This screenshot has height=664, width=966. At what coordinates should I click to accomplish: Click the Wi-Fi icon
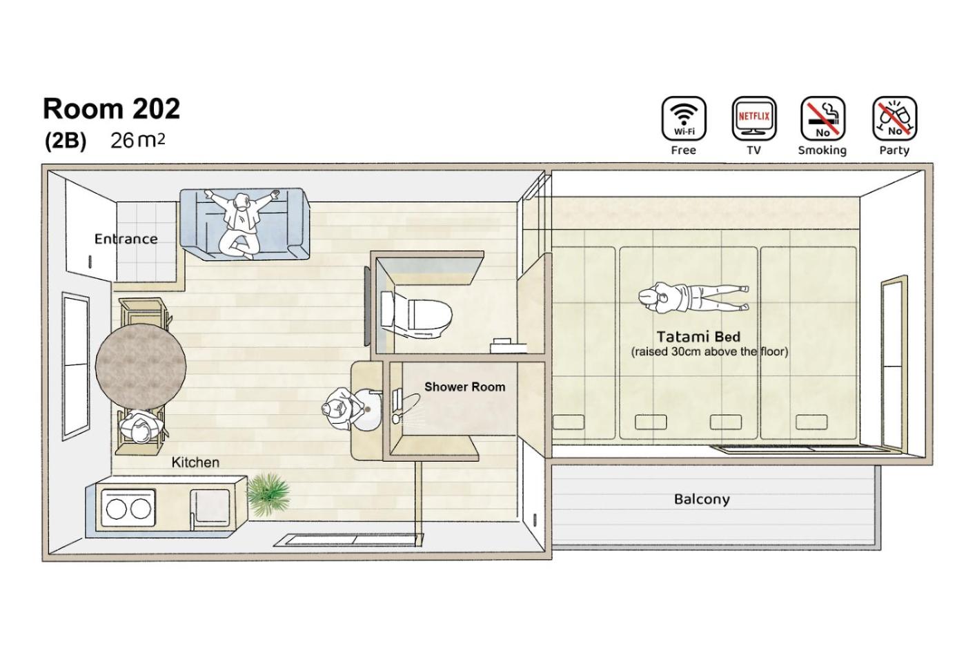point(684,119)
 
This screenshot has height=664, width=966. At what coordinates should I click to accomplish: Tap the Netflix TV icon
point(753,119)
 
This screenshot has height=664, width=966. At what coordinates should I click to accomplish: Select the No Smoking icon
point(822,119)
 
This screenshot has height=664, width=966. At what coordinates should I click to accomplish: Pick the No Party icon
point(894,119)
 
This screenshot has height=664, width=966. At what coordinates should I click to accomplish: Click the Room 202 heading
point(111,108)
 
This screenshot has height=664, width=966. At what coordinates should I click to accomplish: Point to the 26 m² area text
point(137,140)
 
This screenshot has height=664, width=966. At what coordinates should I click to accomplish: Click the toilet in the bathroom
point(416,314)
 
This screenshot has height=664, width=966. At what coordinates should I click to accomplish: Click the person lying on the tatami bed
point(693,297)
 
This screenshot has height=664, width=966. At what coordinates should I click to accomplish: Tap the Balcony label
point(702,500)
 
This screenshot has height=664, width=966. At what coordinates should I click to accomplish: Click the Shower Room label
point(464,387)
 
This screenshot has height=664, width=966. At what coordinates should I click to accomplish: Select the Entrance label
point(126,239)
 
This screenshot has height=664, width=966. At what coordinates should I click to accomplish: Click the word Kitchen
point(195,462)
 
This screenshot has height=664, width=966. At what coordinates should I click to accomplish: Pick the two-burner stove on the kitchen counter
point(128,509)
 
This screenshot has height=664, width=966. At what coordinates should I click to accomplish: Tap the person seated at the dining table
point(141,427)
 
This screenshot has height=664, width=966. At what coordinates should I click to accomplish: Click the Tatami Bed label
point(698,337)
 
